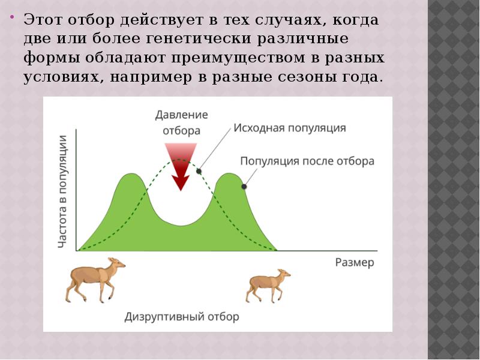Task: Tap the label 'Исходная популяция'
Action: tap(289, 128)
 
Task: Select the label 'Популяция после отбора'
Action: tap(307, 161)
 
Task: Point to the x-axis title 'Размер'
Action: tap(354, 262)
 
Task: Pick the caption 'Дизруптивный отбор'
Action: tap(182, 316)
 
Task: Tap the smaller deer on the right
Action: tap(267, 285)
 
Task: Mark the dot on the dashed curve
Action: tap(199, 171)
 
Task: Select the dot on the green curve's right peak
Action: tap(244, 187)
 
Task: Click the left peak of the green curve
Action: tap(130, 176)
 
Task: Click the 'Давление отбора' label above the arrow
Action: tap(181, 122)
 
